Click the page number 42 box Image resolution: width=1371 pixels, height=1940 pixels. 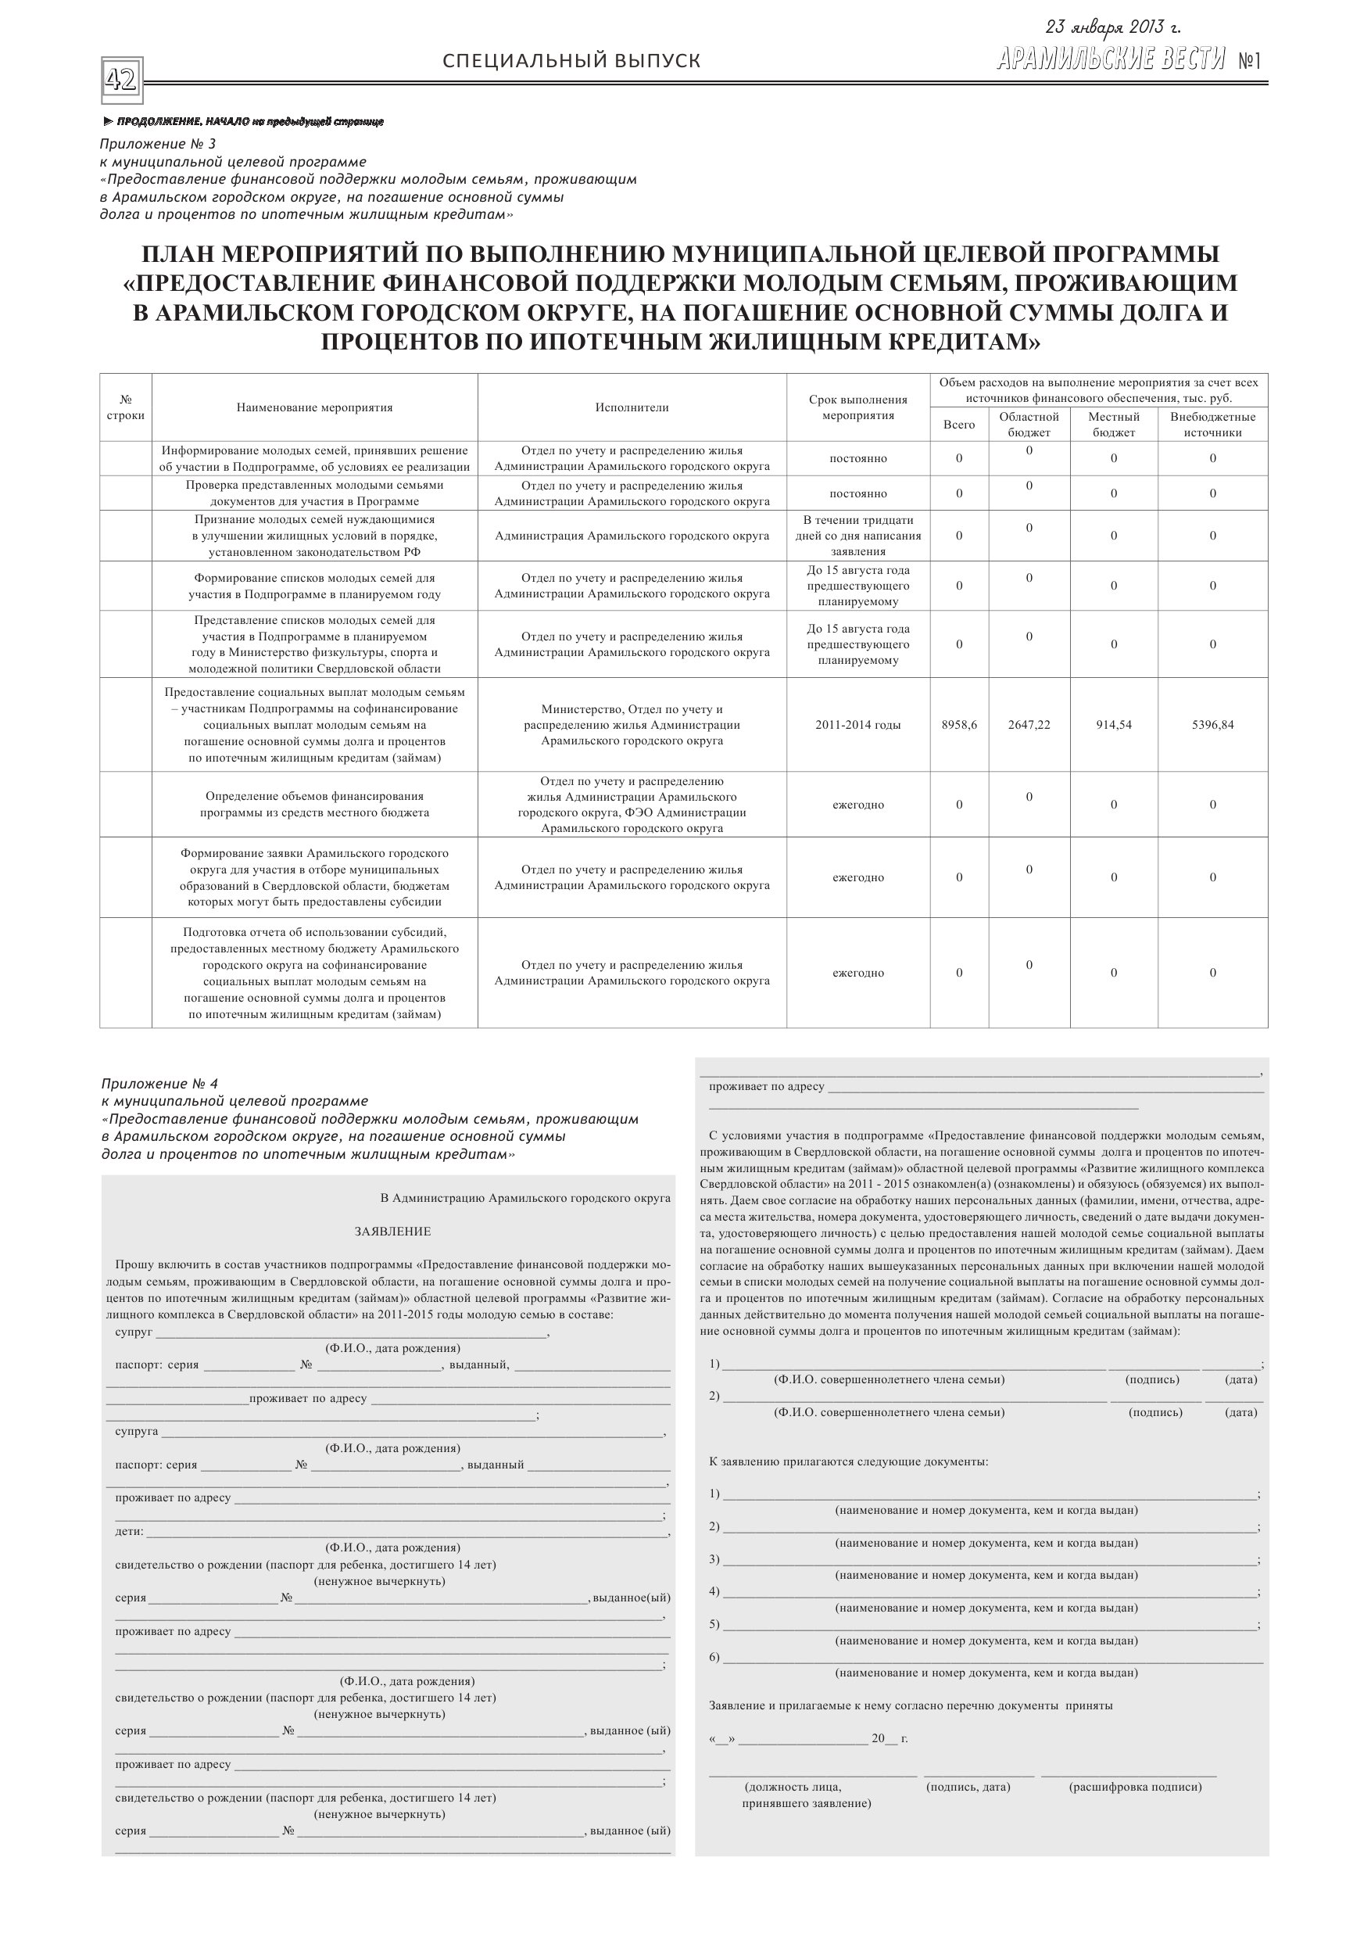tap(121, 81)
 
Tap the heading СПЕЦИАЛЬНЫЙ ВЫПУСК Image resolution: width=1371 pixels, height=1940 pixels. tap(571, 61)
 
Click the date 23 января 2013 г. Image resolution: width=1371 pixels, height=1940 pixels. tap(1112, 28)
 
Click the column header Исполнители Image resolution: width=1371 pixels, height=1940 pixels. tap(631, 407)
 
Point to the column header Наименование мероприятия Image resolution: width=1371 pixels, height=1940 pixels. tap(314, 407)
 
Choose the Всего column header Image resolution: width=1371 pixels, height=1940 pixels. tap(959, 424)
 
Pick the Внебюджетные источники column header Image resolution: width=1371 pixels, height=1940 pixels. tap(1212, 424)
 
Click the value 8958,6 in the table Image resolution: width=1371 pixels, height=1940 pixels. tap(959, 724)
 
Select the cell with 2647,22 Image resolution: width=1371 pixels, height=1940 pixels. tap(1029, 724)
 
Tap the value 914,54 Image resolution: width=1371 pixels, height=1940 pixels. tap(1113, 724)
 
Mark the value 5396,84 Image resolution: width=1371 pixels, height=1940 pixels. tap(1212, 724)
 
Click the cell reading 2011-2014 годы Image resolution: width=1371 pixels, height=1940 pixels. tap(857, 724)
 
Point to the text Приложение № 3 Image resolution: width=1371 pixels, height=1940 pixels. tap(158, 144)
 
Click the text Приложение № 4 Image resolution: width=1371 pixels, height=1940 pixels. tap(159, 1083)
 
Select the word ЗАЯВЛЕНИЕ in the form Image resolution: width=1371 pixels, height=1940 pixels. tap(393, 1231)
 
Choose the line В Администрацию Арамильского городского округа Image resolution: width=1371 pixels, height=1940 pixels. tap(524, 1197)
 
